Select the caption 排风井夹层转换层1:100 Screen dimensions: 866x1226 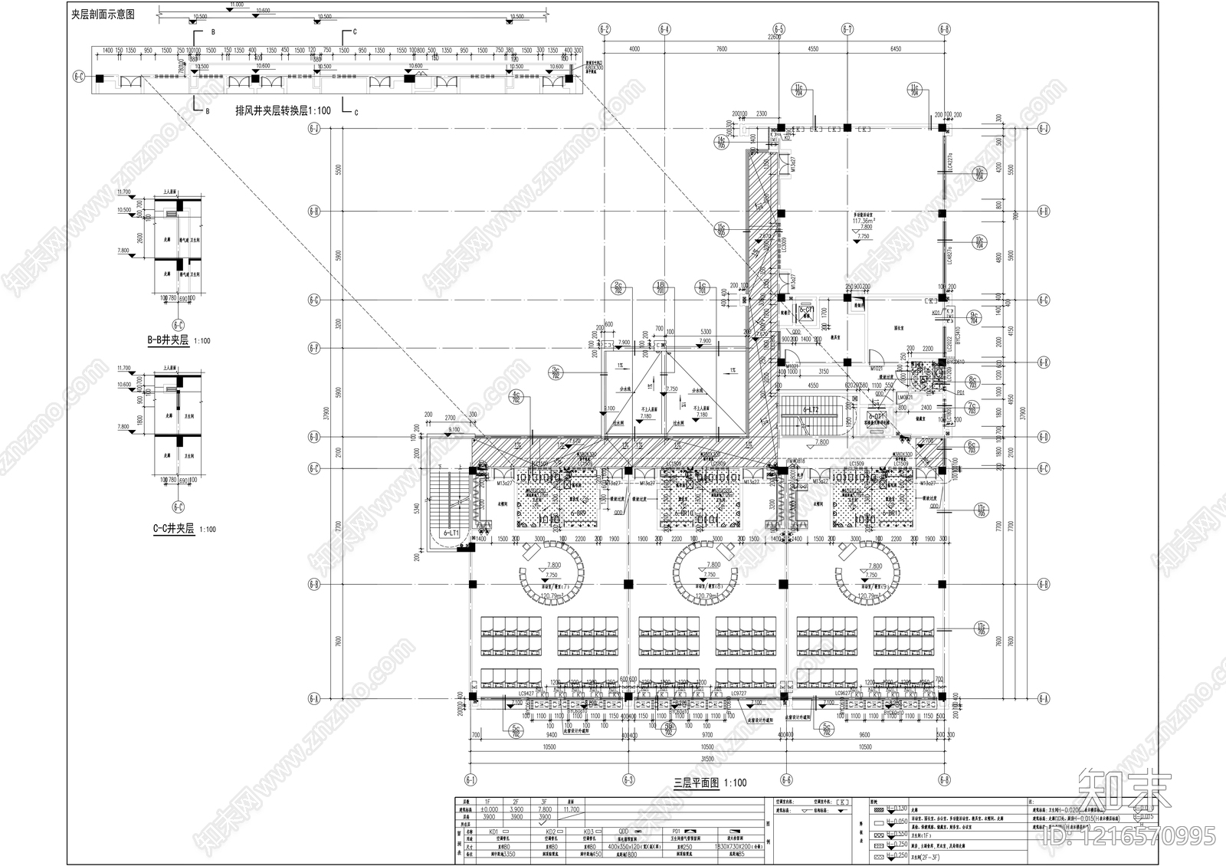pos(283,110)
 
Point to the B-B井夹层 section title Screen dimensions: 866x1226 pos(177,340)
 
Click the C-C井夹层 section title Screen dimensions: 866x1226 pos(175,529)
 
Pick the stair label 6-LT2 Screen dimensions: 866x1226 pos(811,410)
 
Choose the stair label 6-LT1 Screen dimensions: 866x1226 pos(451,531)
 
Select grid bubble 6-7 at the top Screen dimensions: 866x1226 pos(847,30)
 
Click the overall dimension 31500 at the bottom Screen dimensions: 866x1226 pos(706,758)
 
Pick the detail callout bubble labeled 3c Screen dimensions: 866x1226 pos(556,372)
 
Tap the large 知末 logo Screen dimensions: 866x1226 pos(1123,789)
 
